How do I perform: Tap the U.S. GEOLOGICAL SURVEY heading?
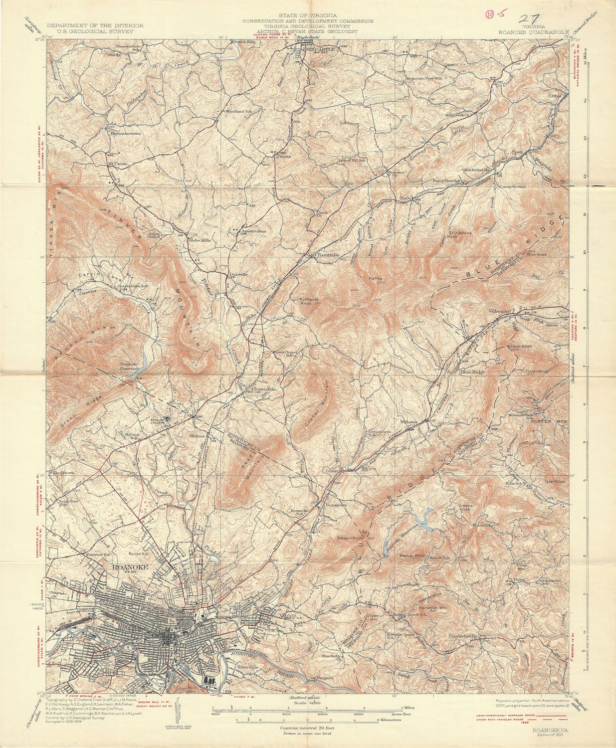point(96,30)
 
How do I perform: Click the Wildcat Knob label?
point(520,345)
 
